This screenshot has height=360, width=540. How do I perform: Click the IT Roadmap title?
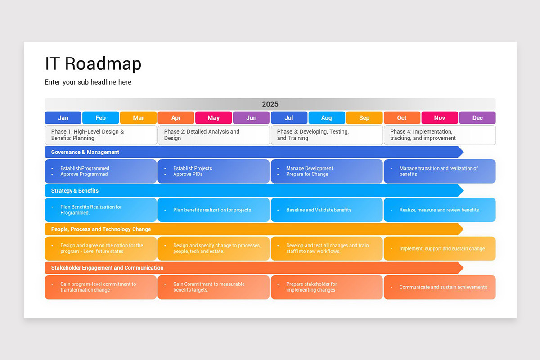(93, 64)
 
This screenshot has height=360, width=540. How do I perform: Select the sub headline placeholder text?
(88, 82)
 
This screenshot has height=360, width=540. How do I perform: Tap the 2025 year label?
(270, 104)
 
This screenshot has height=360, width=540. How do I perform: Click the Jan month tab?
(63, 118)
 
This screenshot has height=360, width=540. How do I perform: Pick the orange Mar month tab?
(138, 118)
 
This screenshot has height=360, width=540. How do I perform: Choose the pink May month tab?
(214, 118)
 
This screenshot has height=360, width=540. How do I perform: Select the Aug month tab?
(327, 118)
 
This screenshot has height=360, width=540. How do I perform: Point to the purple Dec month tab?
(477, 118)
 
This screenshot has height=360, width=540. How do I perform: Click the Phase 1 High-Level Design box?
(101, 135)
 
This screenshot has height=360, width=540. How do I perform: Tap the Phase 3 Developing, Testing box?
(327, 135)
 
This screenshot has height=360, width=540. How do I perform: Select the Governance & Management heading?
(85, 152)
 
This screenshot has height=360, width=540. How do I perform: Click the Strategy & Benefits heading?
(75, 191)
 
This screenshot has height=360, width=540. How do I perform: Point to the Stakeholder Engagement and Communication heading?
(107, 268)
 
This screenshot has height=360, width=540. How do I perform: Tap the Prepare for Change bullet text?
(307, 175)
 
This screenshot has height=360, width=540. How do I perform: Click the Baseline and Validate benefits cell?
(327, 210)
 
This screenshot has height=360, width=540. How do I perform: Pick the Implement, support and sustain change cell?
(440, 248)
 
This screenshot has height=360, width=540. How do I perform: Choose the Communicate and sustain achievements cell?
(440, 287)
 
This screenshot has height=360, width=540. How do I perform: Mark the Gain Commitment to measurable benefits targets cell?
(213, 287)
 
